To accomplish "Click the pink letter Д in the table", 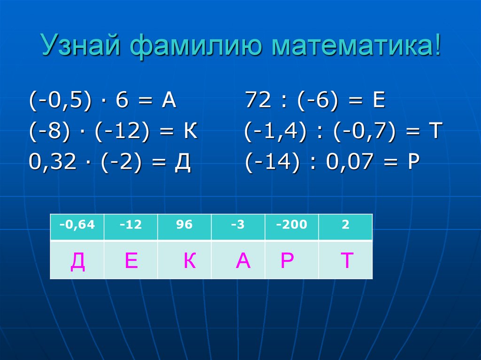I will (78, 261).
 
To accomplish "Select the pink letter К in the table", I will (189, 261).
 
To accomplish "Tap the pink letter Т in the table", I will (347, 261).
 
